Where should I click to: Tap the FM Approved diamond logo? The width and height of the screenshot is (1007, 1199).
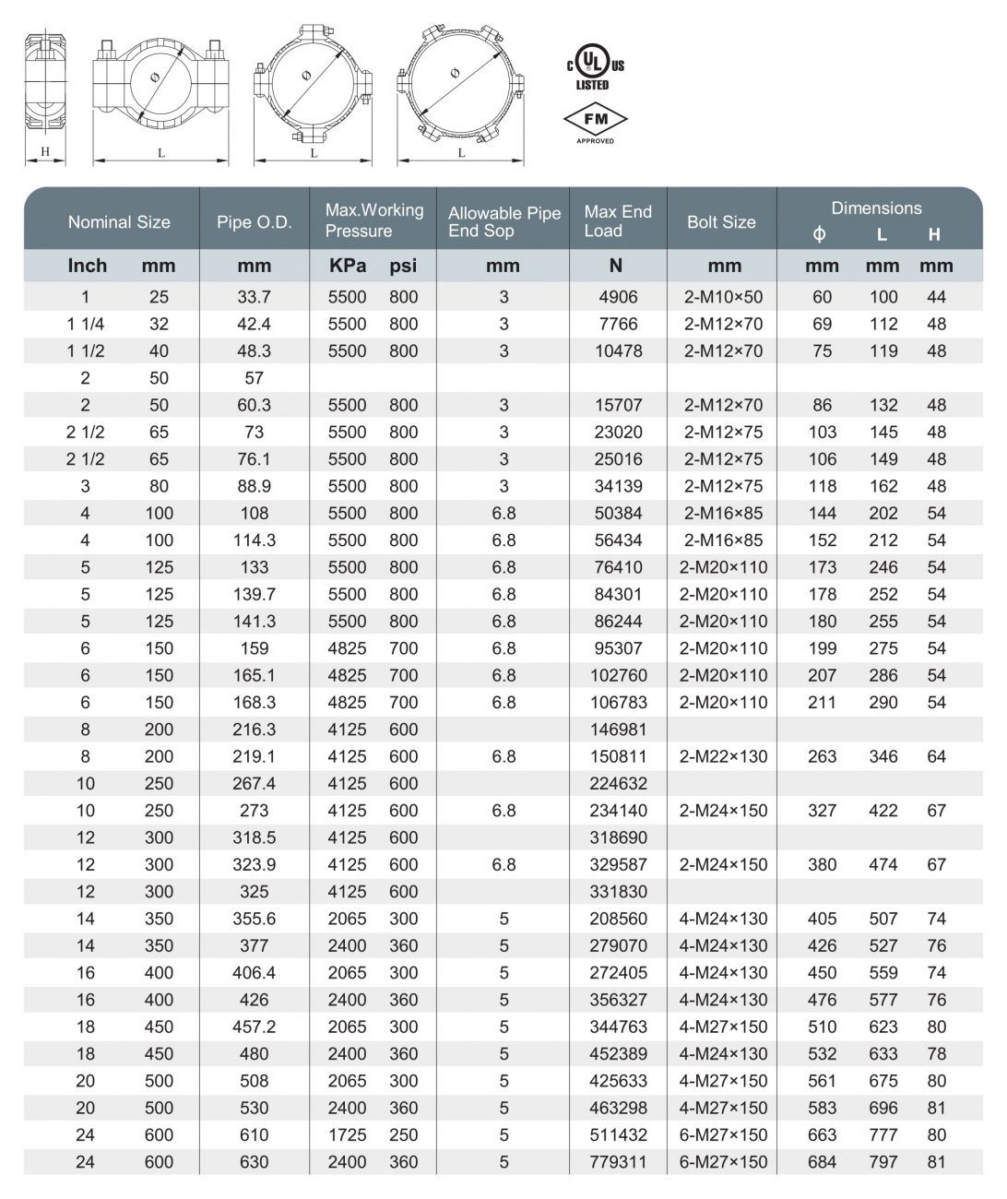pyautogui.click(x=595, y=121)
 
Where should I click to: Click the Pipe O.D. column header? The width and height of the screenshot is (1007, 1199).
pyautogui.click(x=255, y=222)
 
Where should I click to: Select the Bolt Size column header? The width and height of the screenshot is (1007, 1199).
pyautogui.click(x=721, y=222)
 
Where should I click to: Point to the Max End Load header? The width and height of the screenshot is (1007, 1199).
pyautogui.click(x=617, y=221)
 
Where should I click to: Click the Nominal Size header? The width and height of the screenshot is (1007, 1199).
pyautogui.click(x=119, y=222)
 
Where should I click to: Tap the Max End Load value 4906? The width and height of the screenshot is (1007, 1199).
pyautogui.click(x=618, y=297)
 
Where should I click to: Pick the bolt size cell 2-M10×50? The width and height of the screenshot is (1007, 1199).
pyautogui.click(x=723, y=297)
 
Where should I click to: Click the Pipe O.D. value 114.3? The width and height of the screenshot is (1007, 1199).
pyautogui.click(x=255, y=540)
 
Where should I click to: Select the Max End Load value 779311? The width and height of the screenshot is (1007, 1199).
pyautogui.click(x=618, y=1162)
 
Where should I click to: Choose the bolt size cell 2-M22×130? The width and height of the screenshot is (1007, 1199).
pyautogui.click(x=723, y=756)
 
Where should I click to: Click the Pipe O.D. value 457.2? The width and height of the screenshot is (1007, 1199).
pyautogui.click(x=255, y=1027)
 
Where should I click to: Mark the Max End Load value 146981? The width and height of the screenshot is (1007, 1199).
pyautogui.click(x=618, y=730)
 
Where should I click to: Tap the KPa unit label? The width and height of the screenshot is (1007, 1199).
pyautogui.click(x=348, y=266)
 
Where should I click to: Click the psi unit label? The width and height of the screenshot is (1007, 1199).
pyautogui.click(x=403, y=266)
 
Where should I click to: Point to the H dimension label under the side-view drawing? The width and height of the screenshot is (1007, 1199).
pyautogui.click(x=44, y=153)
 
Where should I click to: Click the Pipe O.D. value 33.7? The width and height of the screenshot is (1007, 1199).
pyautogui.click(x=255, y=297)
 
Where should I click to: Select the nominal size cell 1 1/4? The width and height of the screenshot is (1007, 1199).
pyautogui.click(x=86, y=324)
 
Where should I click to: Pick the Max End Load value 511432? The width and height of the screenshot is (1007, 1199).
pyautogui.click(x=618, y=1134)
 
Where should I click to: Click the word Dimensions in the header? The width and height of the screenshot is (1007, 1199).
pyautogui.click(x=876, y=208)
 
